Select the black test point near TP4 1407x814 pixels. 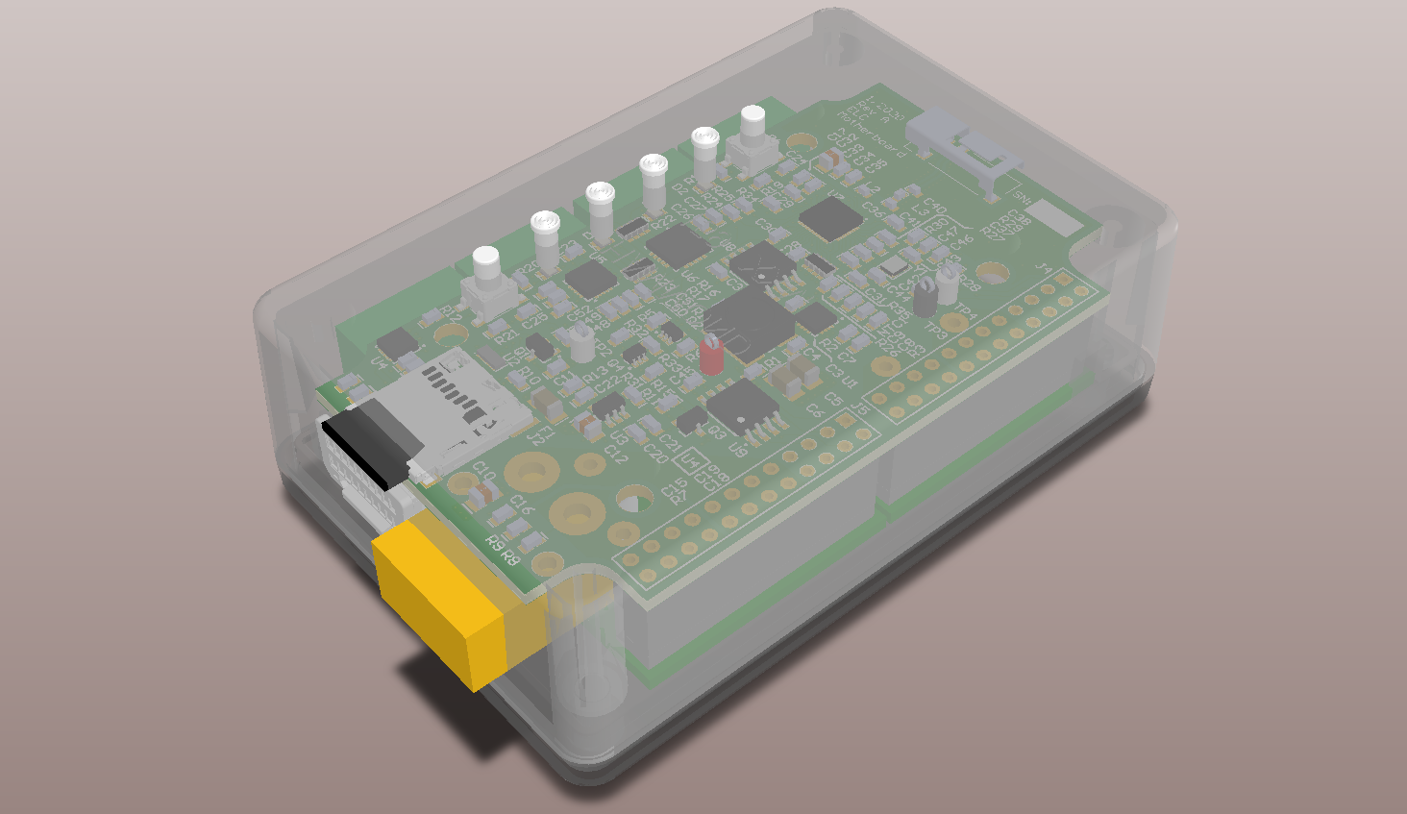[925, 298]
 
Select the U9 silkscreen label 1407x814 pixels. [737, 448]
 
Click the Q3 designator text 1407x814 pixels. [716, 432]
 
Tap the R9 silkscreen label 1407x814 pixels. [494, 544]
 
